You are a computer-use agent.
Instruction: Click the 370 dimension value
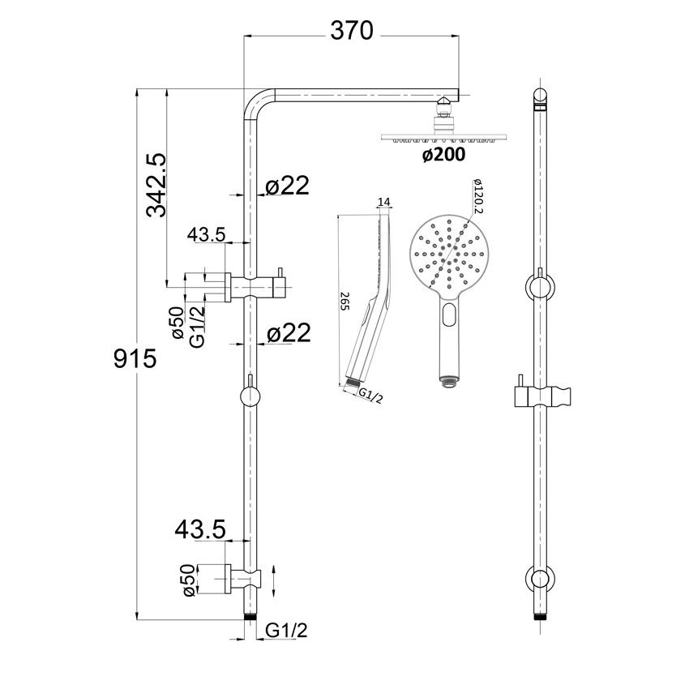point(352,31)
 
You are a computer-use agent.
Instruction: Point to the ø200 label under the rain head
point(443,156)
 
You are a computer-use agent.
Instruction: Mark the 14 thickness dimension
point(384,200)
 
